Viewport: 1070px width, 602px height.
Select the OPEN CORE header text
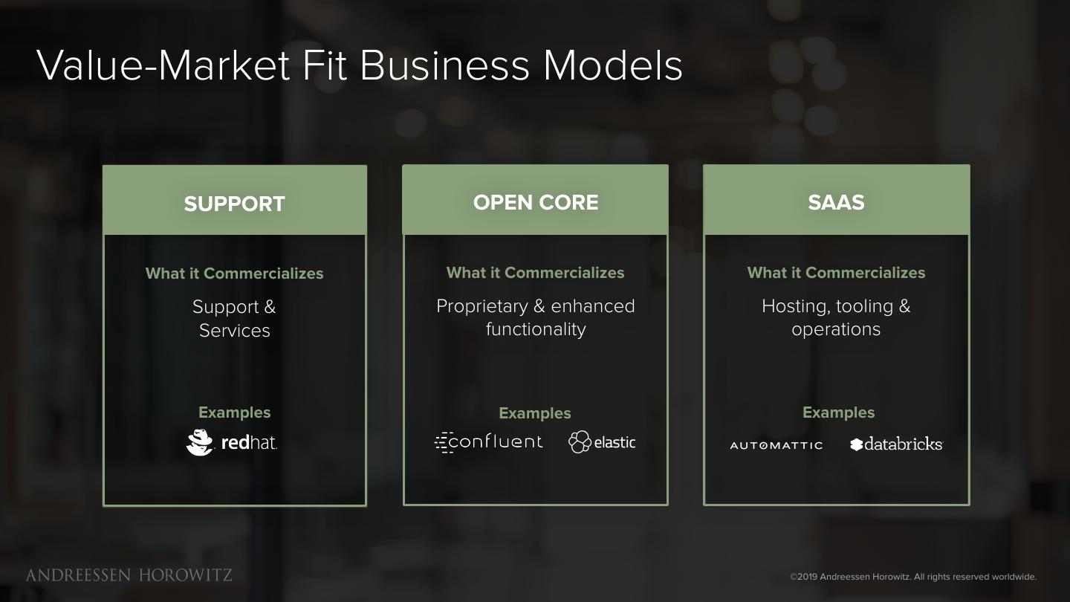(535, 202)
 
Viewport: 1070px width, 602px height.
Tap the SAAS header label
(836, 202)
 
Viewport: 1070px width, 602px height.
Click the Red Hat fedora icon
(199, 442)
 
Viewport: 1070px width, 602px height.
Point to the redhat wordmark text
(249, 443)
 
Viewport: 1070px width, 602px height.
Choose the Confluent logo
(488, 442)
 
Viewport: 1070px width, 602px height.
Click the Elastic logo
(602, 442)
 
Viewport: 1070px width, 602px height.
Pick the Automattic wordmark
(776, 445)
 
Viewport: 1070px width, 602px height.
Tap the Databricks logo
(896, 444)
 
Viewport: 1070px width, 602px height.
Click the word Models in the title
(612, 65)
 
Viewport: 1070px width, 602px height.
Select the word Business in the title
(444, 65)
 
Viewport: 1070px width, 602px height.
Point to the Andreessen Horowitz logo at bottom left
(129, 575)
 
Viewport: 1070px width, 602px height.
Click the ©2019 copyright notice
(912, 577)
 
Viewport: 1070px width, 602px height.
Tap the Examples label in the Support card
(234, 412)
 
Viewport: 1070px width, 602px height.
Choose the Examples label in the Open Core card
(535, 413)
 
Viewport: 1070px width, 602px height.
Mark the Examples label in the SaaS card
(838, 412)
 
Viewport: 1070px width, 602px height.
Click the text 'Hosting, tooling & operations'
(836, 317)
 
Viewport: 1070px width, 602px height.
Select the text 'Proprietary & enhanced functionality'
(535, 317)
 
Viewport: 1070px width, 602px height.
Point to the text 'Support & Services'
(234, 318)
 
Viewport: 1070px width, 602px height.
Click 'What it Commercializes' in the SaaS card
(836, 273)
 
